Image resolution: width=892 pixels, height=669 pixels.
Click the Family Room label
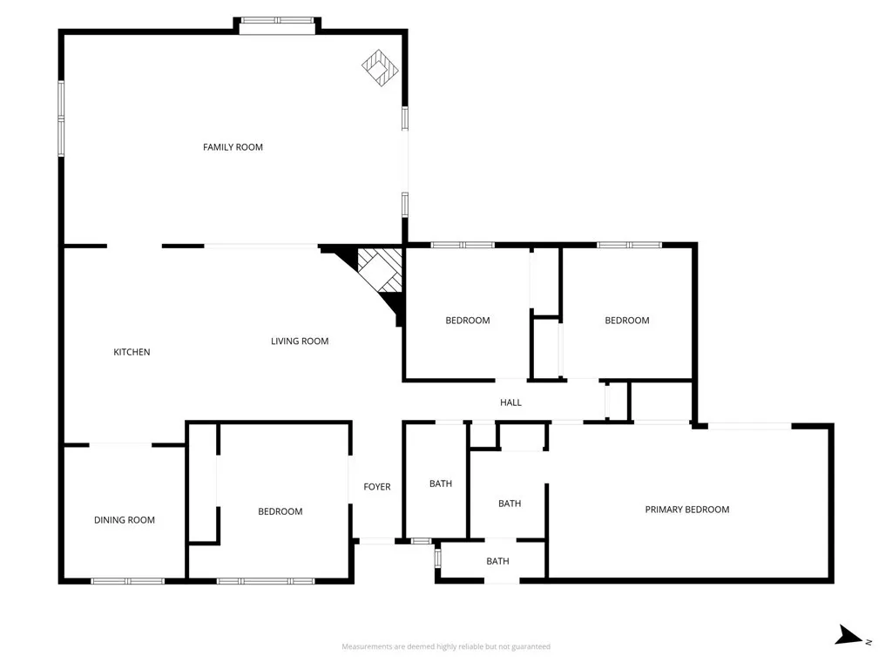click(233, 147)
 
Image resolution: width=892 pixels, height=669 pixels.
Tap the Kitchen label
click(132, 352)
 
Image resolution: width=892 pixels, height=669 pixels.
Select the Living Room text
click(300, 341)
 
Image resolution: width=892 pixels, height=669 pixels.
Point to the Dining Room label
click(125, 520)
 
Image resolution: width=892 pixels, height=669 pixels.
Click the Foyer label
click(377, 487)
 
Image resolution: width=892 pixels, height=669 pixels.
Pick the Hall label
click(510, 402)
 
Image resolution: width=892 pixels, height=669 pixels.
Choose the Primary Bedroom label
click(686, 510)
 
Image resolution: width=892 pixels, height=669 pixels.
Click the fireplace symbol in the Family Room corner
click(381, 67)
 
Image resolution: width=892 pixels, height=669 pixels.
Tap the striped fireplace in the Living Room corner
click(381, 272)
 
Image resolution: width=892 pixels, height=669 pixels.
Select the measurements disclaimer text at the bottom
click(445, 646)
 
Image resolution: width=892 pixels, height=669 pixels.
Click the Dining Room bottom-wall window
click(127, 581)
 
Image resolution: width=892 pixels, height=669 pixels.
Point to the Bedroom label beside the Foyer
click(280, 511)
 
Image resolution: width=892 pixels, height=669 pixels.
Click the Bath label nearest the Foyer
click(441, 483)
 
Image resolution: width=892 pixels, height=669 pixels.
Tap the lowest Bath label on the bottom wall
click(497, 561)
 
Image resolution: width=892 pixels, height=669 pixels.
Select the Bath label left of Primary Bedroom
click(510, 503)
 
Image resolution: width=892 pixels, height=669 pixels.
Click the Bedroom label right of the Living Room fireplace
click(468, 321)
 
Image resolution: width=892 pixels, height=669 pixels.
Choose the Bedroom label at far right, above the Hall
click(627, 321)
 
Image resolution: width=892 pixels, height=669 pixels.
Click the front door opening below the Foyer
click(376, 542)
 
